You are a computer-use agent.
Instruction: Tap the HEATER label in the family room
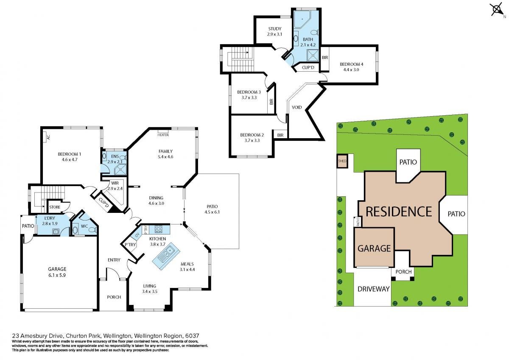(163, 135)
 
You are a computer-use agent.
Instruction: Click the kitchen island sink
(167, 256)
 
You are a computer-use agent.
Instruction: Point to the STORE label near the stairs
(55, 207)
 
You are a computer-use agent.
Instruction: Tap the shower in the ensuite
(120, 170)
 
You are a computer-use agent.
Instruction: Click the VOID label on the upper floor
(297, 107)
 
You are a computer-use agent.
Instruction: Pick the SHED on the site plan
(342, 161)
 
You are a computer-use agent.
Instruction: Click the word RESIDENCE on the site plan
(399, 212)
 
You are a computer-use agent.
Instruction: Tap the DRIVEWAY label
(374, 289)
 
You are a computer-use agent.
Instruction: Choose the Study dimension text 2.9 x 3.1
(275, 34)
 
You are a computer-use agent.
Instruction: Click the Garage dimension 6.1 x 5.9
(57, 275)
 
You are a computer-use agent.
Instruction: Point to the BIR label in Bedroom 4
(325, 58)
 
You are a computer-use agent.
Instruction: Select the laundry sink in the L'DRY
(56, 232)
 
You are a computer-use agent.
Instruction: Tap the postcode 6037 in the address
(192, 336)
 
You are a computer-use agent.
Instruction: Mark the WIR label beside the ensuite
(115, 183)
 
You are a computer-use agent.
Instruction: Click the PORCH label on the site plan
(403, 272)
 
